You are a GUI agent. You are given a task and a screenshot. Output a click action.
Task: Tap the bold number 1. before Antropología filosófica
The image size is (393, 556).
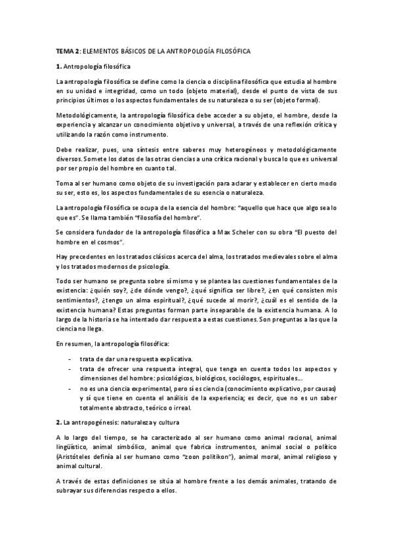pyautogui.click(x=58, y=66)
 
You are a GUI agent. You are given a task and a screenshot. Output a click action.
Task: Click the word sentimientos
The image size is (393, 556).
pyautogui.click(x=76, y=300)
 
